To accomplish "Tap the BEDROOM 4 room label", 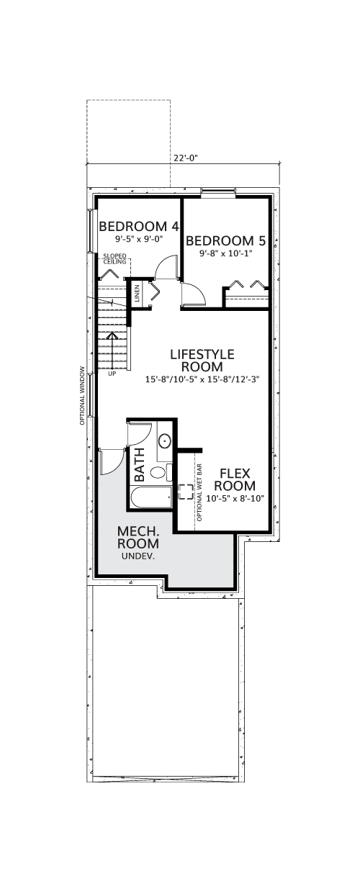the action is [x=139, y=227].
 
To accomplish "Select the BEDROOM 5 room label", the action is [x=226, y=240].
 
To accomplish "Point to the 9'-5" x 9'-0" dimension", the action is [x=139, y=238].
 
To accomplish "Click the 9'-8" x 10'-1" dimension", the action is [x=225, y=253].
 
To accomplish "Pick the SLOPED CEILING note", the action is [x=115, y=259].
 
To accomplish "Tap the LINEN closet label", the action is [x=137, y=293].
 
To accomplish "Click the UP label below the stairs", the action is [x=112, y=374].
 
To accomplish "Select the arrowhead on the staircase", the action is [x=112, y=335].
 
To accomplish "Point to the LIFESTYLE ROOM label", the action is [x=202, y=361].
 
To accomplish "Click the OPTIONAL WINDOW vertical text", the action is [x=82, y=396].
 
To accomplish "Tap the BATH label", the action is [x=140, y=465].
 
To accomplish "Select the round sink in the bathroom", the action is [x=165, y=441].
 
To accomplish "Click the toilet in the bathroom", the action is [x=162, y=472].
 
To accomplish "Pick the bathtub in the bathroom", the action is [x=150, y=497].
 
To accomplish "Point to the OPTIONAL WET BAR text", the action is [x=199, y=493].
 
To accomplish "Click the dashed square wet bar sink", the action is [x=186, y=492].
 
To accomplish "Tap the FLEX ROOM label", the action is [x=235, y=479].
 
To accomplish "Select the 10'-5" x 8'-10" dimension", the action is [x=235, y=498].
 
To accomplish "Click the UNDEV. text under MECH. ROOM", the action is [x=138, y=556].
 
